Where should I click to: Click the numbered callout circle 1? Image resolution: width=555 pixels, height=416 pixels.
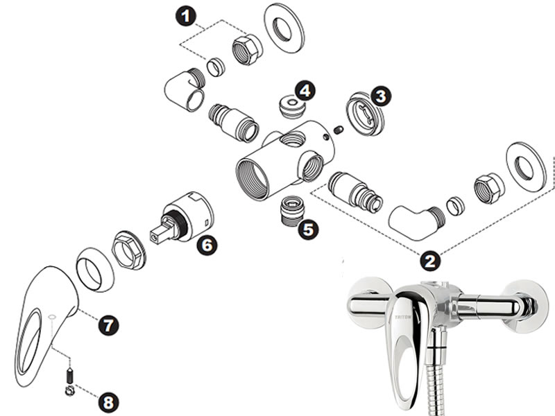(x=186, y=16)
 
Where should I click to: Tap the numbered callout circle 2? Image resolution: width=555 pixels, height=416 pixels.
(x=430, y=261)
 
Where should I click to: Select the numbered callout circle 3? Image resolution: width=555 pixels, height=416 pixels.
(x=381, y=96)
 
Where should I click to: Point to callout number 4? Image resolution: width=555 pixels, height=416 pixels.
(x=305, y=91)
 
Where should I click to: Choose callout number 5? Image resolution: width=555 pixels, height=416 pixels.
(x=308, y=229)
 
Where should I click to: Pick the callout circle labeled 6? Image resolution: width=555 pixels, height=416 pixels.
(x=207, y=245)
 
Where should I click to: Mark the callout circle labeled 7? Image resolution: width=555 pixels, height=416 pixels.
(x=108, y=325)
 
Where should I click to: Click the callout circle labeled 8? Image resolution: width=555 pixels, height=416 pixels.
(x=108, y=402)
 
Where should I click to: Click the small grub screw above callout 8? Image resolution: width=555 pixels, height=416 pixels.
(x=70, y=376)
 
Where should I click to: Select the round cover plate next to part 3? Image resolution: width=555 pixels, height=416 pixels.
(x=365, y=113)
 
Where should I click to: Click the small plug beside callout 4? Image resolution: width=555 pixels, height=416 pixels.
(x=291, y=106)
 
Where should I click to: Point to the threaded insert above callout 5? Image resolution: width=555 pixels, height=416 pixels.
(x=292, y=210)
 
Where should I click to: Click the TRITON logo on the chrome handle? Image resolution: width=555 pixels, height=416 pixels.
(x=403, y=318)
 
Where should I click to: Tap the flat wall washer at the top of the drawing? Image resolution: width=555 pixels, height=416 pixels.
(x=284, y=28)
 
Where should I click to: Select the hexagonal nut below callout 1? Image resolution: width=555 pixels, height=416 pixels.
(x=248, y=49)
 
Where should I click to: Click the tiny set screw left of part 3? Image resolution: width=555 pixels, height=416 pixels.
(x=339, y=130)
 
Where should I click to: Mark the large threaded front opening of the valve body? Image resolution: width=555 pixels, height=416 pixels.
(x=253, y=180)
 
